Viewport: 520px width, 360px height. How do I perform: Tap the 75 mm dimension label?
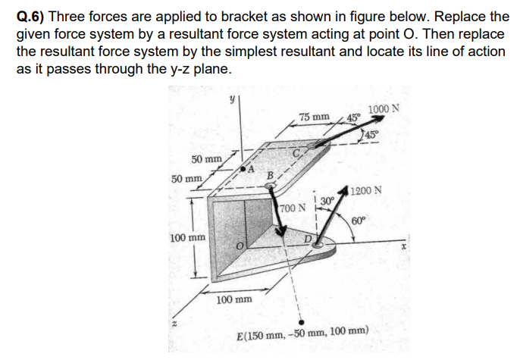(314, 117)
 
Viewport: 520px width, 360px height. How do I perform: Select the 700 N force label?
(292, 207)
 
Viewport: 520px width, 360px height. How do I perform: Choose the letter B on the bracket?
(268, 177)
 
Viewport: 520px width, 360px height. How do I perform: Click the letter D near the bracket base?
(309, 241)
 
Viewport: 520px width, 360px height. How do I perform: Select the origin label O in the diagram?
(238, 246)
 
